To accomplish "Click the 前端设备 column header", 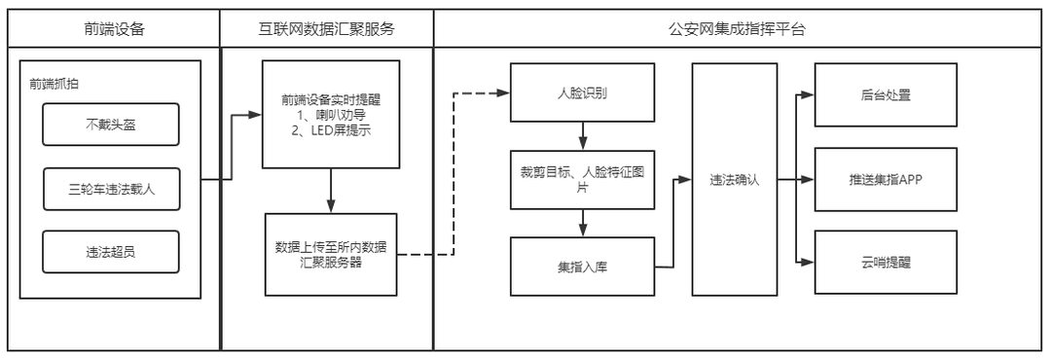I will (114, 28).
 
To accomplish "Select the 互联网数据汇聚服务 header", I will (327, 28).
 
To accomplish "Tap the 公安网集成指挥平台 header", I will (738, 28).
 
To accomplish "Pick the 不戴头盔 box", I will (111, 125).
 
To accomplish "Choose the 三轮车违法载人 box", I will (111, 189).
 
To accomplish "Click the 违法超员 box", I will (111, 253).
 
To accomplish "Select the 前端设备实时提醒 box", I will (331, 115).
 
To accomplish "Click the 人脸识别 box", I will (582, 93).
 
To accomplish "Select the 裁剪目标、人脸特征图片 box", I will (582, 180).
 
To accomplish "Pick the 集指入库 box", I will (582, 266).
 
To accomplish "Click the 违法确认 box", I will (734, 180).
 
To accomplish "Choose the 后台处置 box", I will (878, 94).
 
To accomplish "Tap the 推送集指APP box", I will (878, 180).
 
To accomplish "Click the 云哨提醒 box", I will (878, 263).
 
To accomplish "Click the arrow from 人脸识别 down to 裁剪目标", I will (582, 135).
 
